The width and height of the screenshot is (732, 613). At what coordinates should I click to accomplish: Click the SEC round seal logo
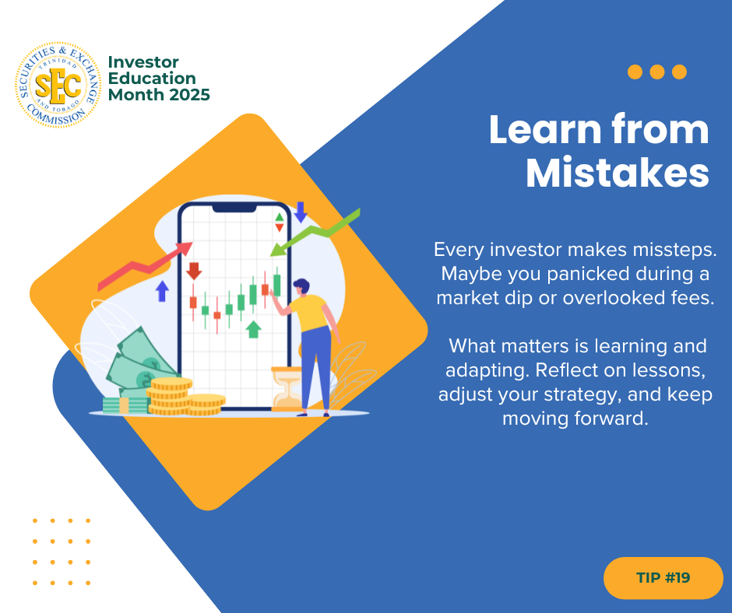(58, 85)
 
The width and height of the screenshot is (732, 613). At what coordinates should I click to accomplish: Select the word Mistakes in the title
(618, 173)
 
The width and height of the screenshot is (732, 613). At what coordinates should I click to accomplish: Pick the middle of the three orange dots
(656, 72)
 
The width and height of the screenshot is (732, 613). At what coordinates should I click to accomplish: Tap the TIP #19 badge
(663, 577)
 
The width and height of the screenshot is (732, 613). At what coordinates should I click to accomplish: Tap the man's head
(301, 286)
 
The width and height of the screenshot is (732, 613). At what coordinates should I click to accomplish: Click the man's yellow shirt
(308, 312)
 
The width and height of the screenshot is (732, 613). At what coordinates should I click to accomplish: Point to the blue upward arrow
(162, 291)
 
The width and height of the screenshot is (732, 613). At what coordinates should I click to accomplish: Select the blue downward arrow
(300, 212)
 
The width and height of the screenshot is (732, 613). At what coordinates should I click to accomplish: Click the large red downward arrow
(194, 271)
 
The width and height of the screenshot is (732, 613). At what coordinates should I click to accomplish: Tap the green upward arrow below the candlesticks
(253, 329)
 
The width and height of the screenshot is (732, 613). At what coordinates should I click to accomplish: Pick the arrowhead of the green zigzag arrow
(278, 250)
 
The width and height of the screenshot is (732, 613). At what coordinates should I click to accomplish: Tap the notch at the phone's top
(234, 208)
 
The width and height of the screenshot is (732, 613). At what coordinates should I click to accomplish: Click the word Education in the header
(152, 79)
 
